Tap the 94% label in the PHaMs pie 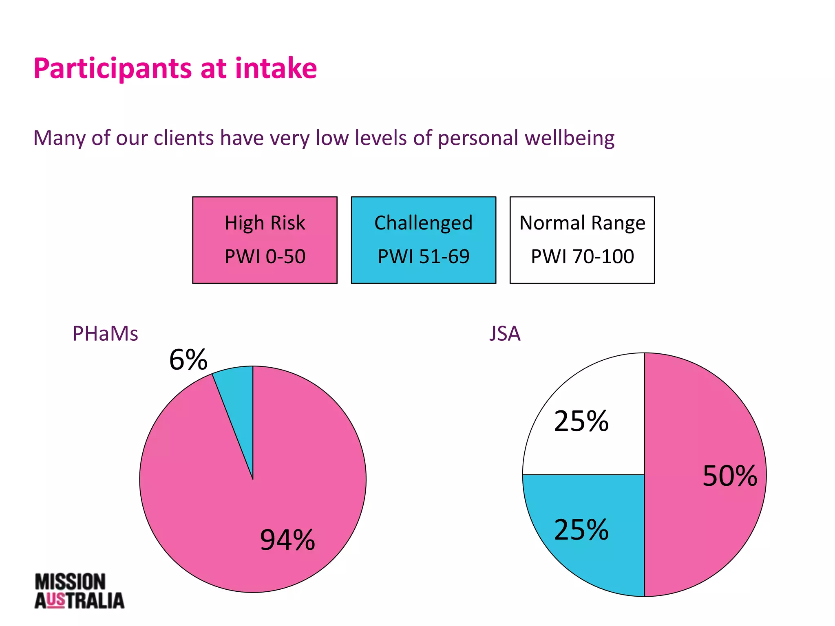tap(287, 540)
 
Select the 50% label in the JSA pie tap(730, 476)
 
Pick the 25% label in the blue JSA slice tap(581, 530)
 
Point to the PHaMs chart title tap(105, 334)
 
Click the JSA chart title tap(505, 334)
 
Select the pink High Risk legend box tap(265, 240)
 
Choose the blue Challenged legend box tap(423, 240)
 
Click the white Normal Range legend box tap(582, 240)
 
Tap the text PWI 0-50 tap(265, 257)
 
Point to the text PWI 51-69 tap(423, 257)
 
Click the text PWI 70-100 tap(582, 257)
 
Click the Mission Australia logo tap(79, 591)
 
